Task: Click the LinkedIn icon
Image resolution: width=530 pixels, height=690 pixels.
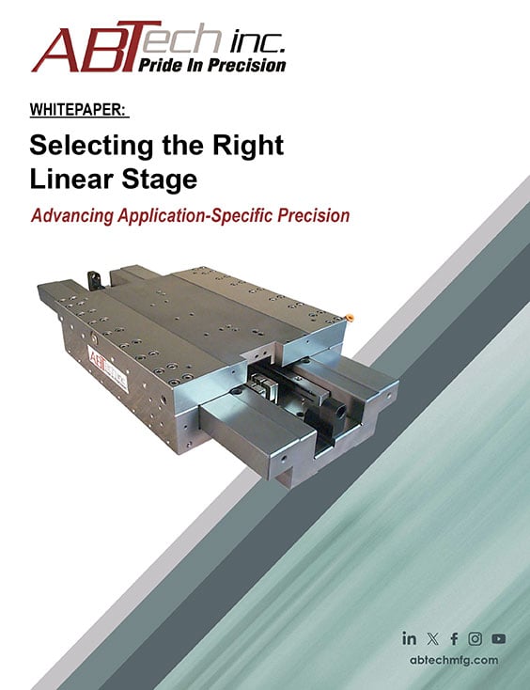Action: (409, 638)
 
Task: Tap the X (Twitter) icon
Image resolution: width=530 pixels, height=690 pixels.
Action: (431, 638)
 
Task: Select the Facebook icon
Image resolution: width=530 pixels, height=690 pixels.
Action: (454, 638)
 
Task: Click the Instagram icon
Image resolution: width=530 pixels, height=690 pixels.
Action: (475, 638)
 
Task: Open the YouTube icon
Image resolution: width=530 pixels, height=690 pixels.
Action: (498, 638)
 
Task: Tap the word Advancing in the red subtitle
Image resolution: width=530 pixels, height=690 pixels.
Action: (72, 215)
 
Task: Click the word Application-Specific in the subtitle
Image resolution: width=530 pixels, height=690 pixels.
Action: (198, 215)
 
